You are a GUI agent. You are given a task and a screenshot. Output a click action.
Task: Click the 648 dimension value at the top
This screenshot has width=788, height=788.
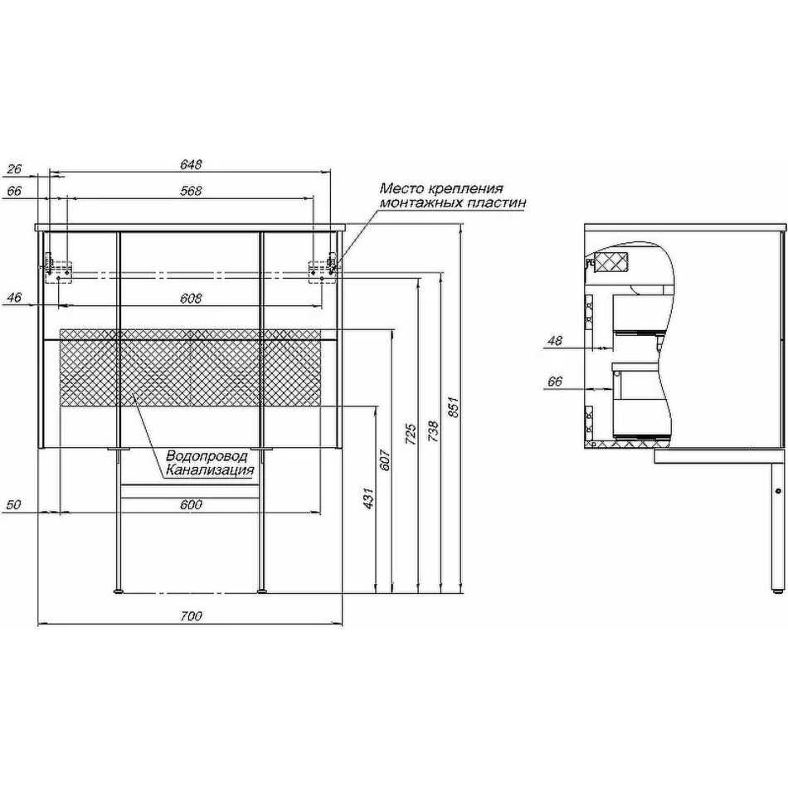coord(191,164)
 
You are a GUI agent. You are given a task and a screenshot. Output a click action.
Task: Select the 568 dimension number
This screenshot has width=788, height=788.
coord(191,191)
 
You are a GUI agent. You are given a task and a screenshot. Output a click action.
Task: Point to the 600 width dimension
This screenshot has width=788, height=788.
coord(191,504)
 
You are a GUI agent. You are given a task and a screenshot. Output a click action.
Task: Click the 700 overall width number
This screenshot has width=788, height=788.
coord(191,615)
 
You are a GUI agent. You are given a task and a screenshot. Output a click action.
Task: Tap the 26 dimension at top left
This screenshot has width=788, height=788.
coord(14,168)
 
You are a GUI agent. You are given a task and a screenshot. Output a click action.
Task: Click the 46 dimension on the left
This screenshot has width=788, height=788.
coord(14,298)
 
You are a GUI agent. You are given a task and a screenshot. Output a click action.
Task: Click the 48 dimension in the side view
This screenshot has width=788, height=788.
coord(555,340)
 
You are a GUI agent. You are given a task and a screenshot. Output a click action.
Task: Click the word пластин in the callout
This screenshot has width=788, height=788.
coord(499,202)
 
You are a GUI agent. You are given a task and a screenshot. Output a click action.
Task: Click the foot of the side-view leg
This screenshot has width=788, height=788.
coord(777,590)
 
